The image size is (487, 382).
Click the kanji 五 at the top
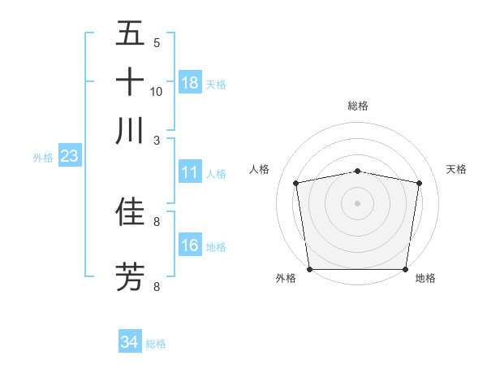[x=130, y=35]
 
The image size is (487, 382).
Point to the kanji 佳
[x=130, y=211]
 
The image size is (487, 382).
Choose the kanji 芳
[x=130, y=276]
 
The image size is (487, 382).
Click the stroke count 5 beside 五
[x=157, y=43]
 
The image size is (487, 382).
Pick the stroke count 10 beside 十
[x=157, y=91]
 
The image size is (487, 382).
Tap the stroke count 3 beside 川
[x=157, y=140]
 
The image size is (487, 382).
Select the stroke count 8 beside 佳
[x=157, y=220]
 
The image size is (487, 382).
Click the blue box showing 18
[x=190, y=83]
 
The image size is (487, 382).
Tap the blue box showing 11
[x=190, y=172]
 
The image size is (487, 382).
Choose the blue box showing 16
[x=190, y=245]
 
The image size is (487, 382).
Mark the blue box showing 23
[x=69, y=157]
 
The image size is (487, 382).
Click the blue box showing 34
[x=130, y=343]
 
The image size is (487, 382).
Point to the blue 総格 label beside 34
[x=156, y=344]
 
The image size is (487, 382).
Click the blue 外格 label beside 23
[x=42, y=158]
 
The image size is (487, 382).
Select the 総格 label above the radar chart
[x=358, y=106]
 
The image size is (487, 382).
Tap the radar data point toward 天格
[x=420, y=183]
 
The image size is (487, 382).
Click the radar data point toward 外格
[x=309, y=269]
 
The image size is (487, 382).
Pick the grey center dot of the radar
[x=358, y=202]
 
